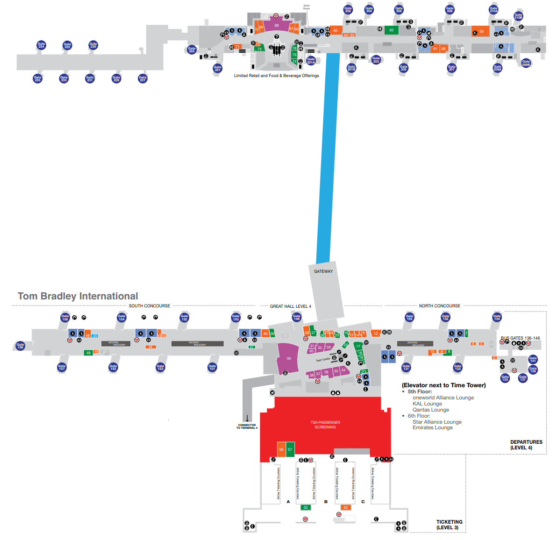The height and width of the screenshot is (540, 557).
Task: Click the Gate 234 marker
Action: click(x=41, y=45)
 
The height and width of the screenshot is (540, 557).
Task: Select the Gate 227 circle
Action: click(x=143, y=78)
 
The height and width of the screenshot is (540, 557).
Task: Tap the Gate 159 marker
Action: click(x=20, y=346)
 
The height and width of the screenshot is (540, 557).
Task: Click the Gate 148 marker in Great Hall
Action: click(x=296, y=317)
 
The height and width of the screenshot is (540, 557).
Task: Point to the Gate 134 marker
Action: click(x=497, y=317)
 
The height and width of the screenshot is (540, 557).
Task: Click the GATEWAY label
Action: click(x=323, y=271)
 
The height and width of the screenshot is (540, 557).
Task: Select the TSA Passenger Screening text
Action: click(x=325, y=425)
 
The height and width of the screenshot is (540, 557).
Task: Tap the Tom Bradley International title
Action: click(x=78, y=296)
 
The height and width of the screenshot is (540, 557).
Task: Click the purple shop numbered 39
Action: click(x=288, y=358)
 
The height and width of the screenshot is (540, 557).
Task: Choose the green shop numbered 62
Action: click(x=391, y=30)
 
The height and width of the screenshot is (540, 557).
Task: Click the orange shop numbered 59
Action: click(x=481, y=31)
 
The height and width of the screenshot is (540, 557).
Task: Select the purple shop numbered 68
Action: click(x=276, y=25)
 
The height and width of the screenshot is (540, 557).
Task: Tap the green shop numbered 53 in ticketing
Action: click(x=306, y=507)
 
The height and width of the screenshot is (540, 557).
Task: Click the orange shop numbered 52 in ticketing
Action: click(x=346, y=507)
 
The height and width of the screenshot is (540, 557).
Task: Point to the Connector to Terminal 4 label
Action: click(x=247, y=426)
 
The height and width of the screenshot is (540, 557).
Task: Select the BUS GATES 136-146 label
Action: click(x=520, y=338)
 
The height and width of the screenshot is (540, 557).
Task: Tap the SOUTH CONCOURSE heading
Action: click(x=150, y=306)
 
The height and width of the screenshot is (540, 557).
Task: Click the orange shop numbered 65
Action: click(x=336, y=30)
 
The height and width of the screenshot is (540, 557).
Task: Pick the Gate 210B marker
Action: click(x=518, y=16)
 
